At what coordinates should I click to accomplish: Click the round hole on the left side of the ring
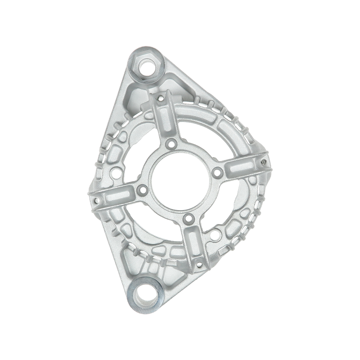pos(117,171)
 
